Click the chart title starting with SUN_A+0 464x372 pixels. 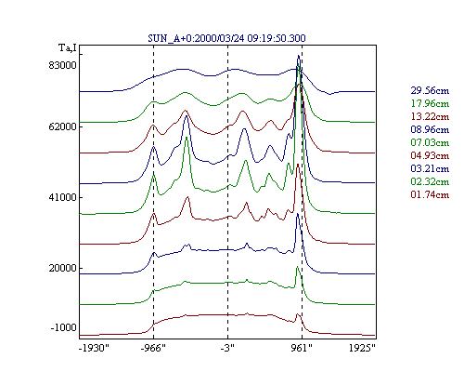pyautogui.click(x=226, y=38)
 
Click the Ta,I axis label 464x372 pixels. pyautogui.click(x=68, y=48)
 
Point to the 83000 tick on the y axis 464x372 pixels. pyautogui.click(x=62, y=65)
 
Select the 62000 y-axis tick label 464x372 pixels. pyautogui.click(x=62, y=126)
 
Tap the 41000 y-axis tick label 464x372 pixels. pyautogui.click(x=62, y=197)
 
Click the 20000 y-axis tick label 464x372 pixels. pyautogui.click(x=62, y=268)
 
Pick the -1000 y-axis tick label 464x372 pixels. pyautogui.click(x=63, y=327)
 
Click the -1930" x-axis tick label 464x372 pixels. pyautogui.click(x=94, y=348)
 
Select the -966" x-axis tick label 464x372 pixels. pyautogui.click(x=153, y=348)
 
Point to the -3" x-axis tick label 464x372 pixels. pyautogui.click(x=227, y=348)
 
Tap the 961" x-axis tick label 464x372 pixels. pyautogui.click(x=302, y=348)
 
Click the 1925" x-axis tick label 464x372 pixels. pyautogui.click(x=362, y=348)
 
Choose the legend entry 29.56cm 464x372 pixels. pyautogui.click(x=430, y=90)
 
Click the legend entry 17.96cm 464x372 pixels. pyautogui.click(x=430, y=103)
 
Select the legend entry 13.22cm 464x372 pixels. pyautogui.click(x=430, y=116)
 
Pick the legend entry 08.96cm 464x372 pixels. pyautogui.click(x=430, y=129)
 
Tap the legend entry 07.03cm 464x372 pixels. pyautogui.click(x=430, y=142)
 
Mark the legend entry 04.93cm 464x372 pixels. pyautogui.click(x=430, y=155)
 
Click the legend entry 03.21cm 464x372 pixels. pyautogui.click(x=430, y=168)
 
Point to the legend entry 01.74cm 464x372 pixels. pyautogui.click(x=430, y=194)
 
